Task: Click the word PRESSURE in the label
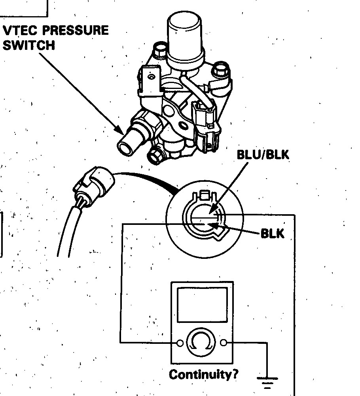click(x=75, y=30)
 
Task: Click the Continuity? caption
click(x=204, y=374)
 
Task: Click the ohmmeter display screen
click(x=202, y=305)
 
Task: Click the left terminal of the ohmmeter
click(x=180, y=343)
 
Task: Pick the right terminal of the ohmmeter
click(x=224, y=343)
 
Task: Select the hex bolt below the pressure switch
click(x=155, y=156)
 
